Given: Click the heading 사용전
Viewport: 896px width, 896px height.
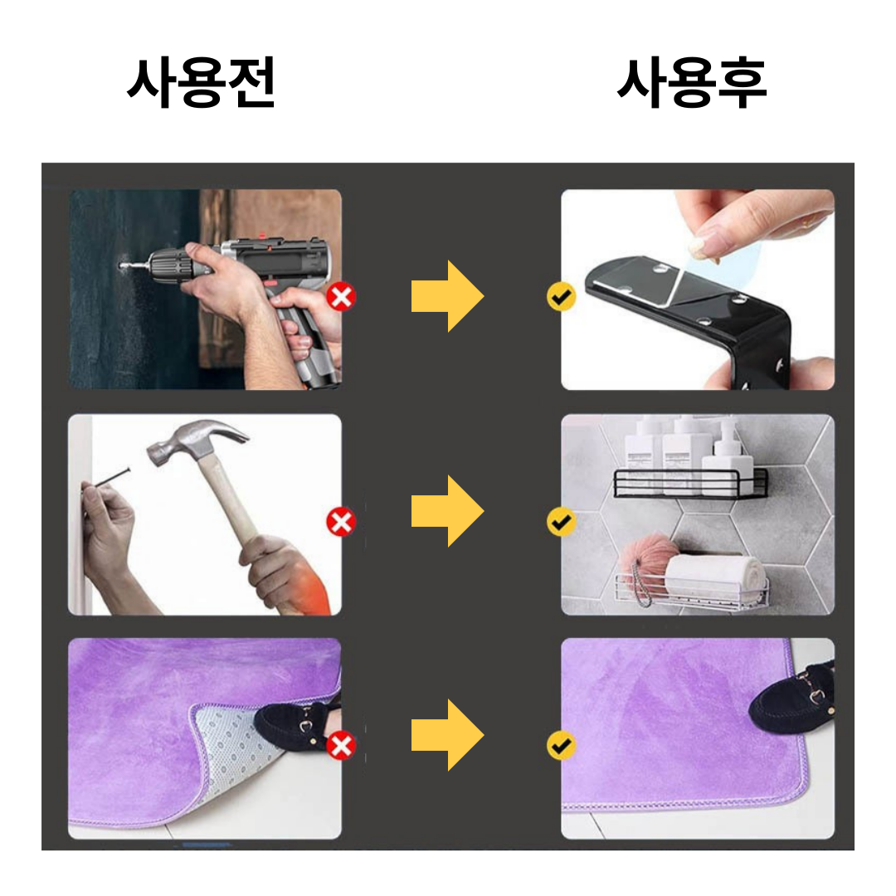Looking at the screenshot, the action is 201,82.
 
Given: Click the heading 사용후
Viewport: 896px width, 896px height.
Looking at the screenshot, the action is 691,82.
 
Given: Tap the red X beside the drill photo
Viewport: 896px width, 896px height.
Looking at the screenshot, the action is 341,297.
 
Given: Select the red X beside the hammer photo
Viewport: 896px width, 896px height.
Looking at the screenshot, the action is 341,522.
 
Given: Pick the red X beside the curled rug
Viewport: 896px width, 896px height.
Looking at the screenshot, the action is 341,746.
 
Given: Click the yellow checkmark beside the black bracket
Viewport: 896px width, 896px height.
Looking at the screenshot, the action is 561,296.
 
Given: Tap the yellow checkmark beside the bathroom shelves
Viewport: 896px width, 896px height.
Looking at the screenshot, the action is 561,522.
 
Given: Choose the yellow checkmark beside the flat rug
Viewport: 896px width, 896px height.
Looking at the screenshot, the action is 561,746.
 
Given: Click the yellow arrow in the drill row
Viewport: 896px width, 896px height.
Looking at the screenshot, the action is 447,296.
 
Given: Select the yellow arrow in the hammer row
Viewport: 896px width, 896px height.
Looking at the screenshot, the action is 447,511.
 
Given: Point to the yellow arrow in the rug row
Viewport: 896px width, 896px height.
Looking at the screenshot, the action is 447,735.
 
